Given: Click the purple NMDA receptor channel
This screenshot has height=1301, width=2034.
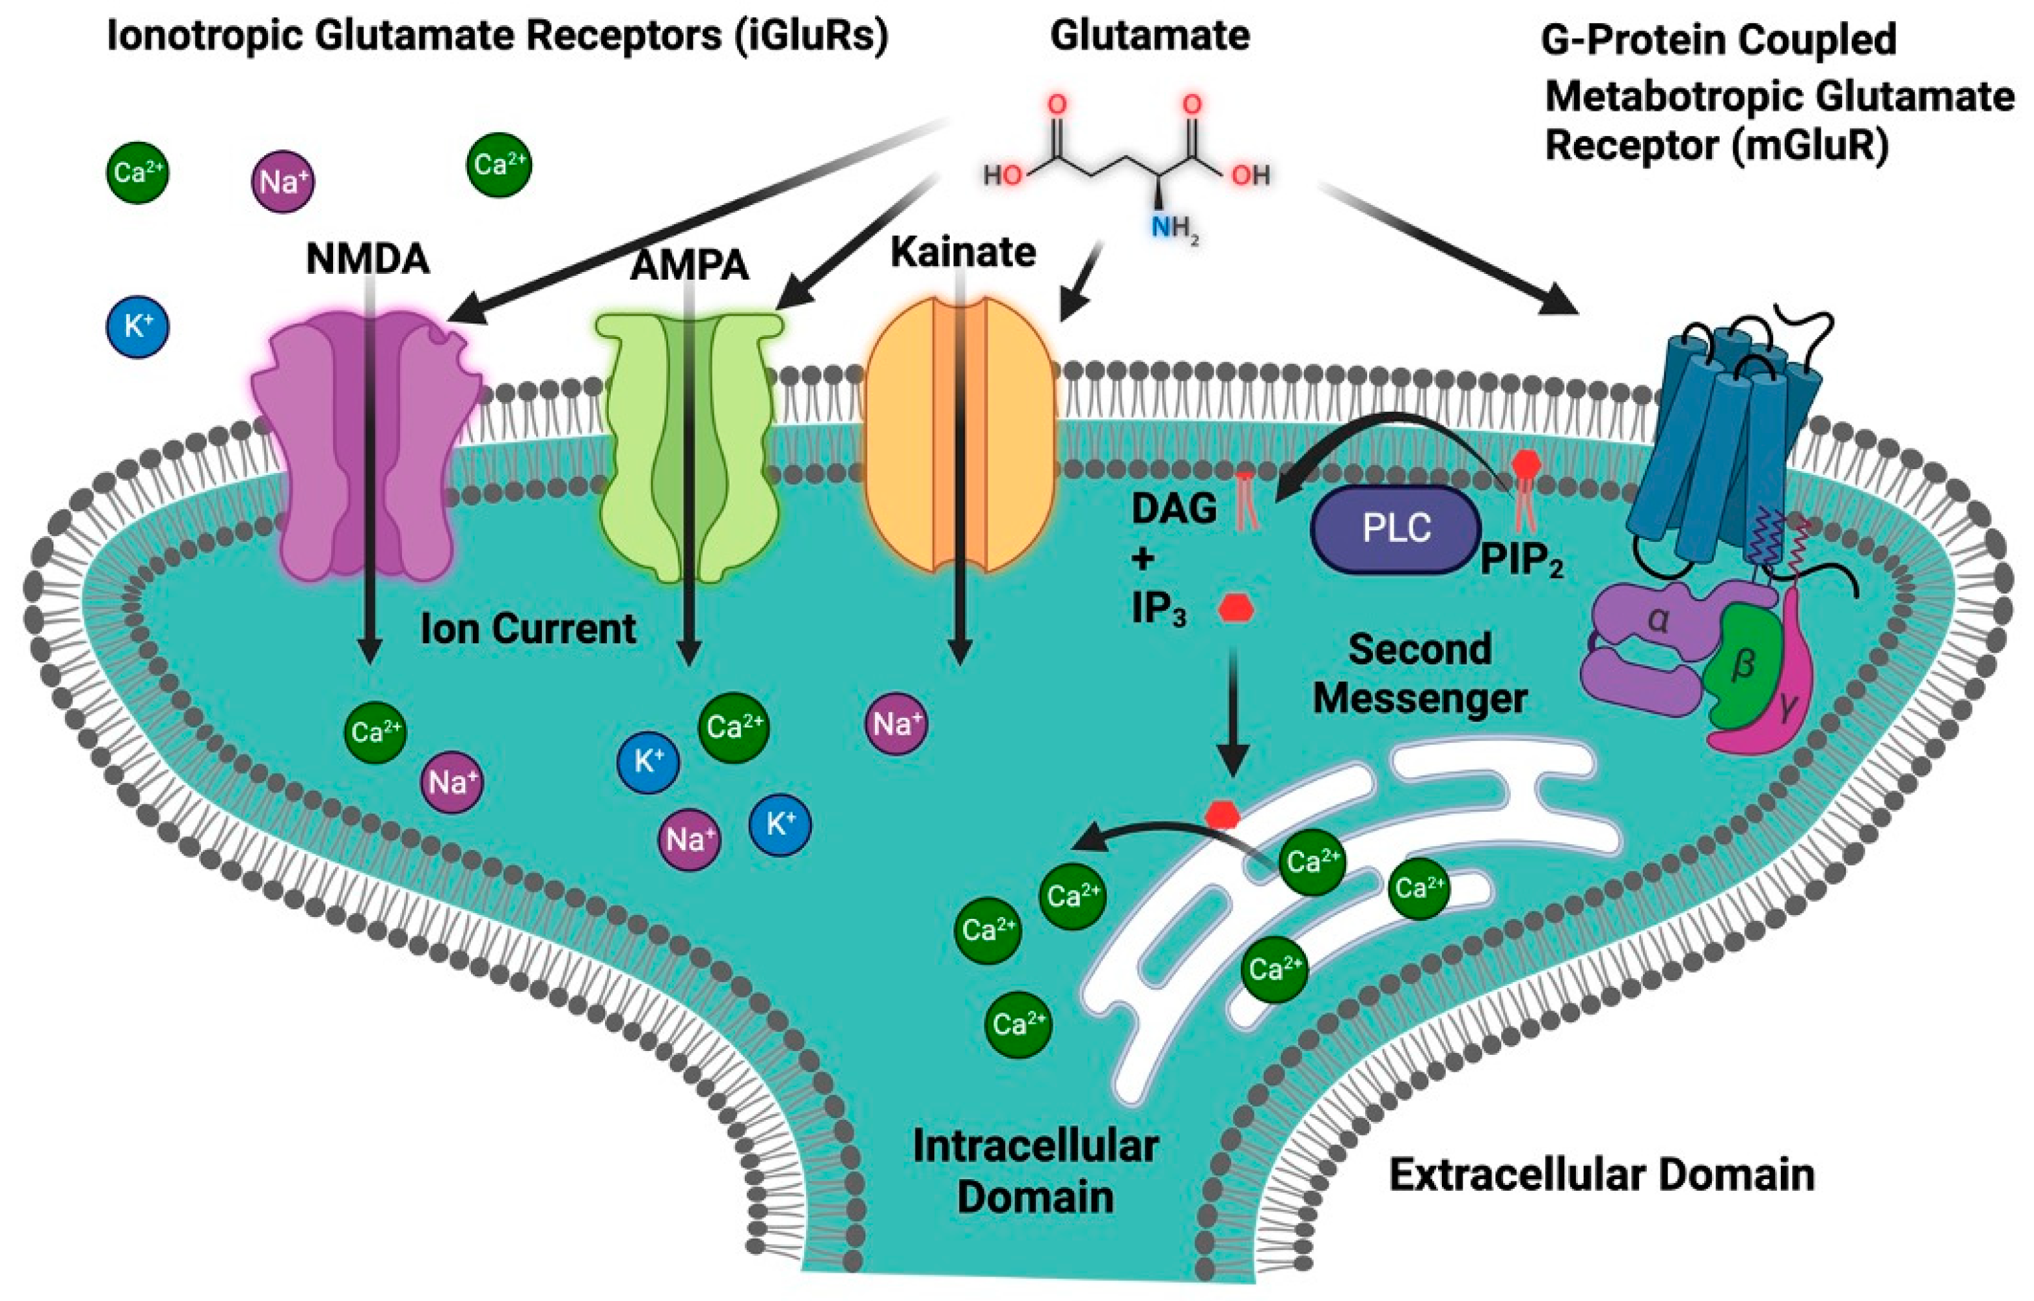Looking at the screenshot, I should (321, 456).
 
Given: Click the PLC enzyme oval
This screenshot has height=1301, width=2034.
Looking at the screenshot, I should (1396, 530).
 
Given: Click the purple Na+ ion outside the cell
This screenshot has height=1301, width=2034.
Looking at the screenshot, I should (283, 182).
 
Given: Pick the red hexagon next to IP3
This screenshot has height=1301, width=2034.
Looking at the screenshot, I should (1236, 608).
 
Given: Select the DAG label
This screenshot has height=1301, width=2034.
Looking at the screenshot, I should (1174, 508).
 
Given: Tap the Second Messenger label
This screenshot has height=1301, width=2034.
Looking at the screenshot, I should (1419, 674).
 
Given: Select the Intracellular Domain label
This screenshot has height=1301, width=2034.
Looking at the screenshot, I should (1035, 1173).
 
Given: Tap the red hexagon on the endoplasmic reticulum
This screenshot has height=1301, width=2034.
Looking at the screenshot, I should (1222, 815).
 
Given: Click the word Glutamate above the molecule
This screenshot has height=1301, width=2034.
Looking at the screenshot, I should (1149, 36).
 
